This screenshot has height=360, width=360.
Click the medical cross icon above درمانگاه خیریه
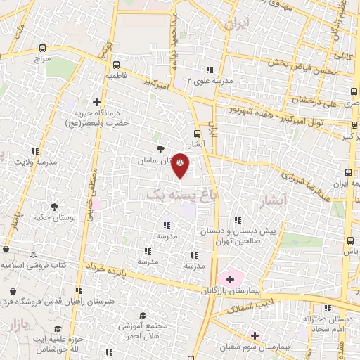pos(96,102)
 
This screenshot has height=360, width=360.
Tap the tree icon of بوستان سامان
pos(161,149)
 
